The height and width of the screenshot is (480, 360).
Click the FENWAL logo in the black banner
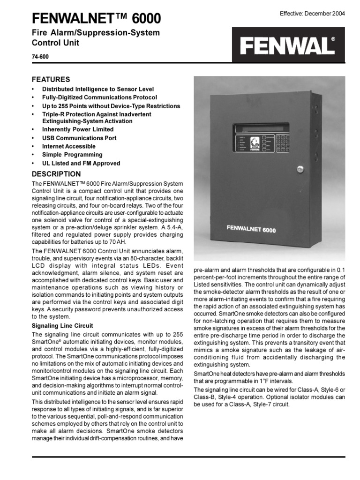click(288, 46)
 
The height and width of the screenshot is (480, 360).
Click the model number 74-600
click(40, 58)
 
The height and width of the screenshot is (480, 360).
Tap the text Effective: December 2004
click(312, 14)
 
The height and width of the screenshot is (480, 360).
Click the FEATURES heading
click(50, 79)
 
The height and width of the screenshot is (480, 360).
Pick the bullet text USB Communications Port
click(79, 138)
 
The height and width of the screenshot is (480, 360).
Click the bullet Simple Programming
click(72, 155)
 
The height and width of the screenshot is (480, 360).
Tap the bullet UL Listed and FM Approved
click(81, 164)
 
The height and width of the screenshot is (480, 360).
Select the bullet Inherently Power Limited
click(78, 129)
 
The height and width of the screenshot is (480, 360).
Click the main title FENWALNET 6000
click(96, 18)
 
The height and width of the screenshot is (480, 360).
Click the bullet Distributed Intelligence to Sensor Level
click(98, 89)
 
